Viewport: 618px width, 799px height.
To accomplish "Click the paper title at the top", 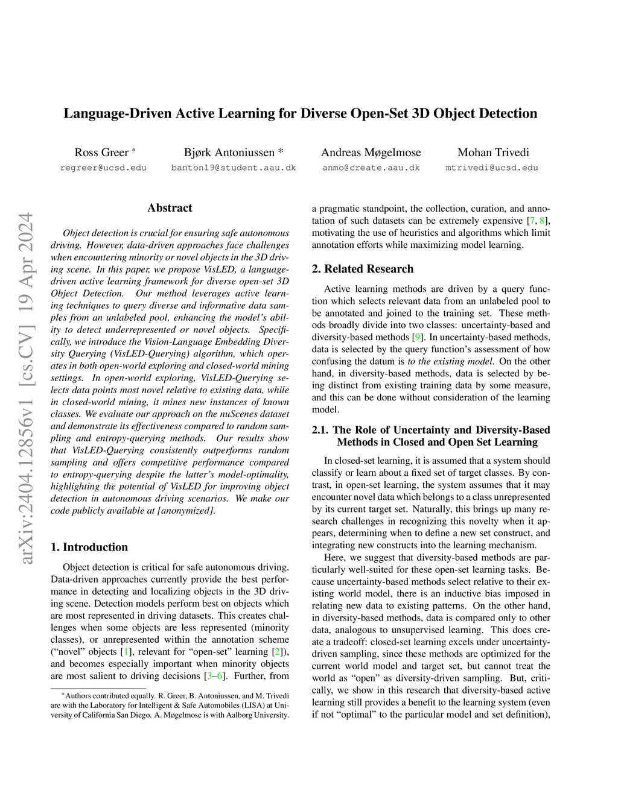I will coord(301,113).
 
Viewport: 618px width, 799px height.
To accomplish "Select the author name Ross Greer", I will coord(101,152).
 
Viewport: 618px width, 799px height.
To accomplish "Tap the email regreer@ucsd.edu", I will coord(103,168).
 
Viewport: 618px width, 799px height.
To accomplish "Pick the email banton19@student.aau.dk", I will coord(234,168).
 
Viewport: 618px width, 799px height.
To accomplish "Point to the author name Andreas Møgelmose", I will coord(371,152).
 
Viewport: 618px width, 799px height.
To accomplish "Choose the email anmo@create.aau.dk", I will coord(371,168).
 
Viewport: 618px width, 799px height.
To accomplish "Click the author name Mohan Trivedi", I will coord(493,152).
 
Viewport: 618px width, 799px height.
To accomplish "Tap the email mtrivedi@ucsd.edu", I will coord(492,168).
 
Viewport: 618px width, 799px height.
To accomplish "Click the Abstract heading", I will coord(170,208).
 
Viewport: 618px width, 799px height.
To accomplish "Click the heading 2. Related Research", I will coord(363,269).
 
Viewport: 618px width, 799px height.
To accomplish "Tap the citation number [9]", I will coord(417,337).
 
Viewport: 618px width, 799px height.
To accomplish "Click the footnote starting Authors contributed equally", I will coord(170,705).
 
